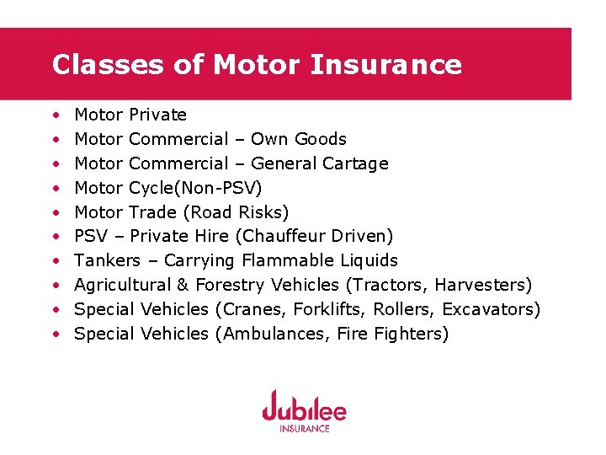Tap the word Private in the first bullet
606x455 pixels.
click(x=158, y=115)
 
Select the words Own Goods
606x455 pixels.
click(x=299, y=139)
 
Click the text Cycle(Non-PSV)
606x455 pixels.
click(x=195, y=188)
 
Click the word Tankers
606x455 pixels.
click(x=107, y=260)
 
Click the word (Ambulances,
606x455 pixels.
click(x=273, y=334)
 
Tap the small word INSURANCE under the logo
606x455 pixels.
click(x=304, y=428)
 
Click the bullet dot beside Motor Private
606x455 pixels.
click(x=56, y=115)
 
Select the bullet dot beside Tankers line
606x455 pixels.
click(x=56, y=261)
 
